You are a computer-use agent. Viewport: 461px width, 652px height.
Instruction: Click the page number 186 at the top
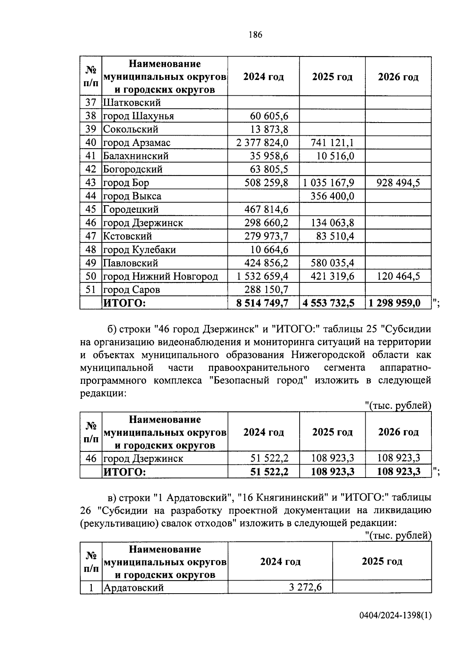point(255,35)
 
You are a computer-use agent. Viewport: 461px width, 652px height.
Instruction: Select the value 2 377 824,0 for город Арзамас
point(262,143)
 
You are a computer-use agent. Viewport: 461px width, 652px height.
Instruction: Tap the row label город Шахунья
point(138,116)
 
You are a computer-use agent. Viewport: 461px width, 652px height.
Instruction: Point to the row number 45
point(91,209)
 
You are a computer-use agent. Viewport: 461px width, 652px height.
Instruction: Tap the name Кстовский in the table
point(128,236)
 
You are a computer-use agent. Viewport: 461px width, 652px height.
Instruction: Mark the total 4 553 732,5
point(328,303)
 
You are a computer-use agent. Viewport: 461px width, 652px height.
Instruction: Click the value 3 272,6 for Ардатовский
point(305,587)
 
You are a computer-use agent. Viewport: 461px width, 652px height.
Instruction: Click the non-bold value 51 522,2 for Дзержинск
point(269,458)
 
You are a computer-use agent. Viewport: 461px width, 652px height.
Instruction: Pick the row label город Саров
point(131,289)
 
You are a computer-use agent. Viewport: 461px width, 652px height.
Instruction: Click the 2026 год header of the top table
point(398,77)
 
